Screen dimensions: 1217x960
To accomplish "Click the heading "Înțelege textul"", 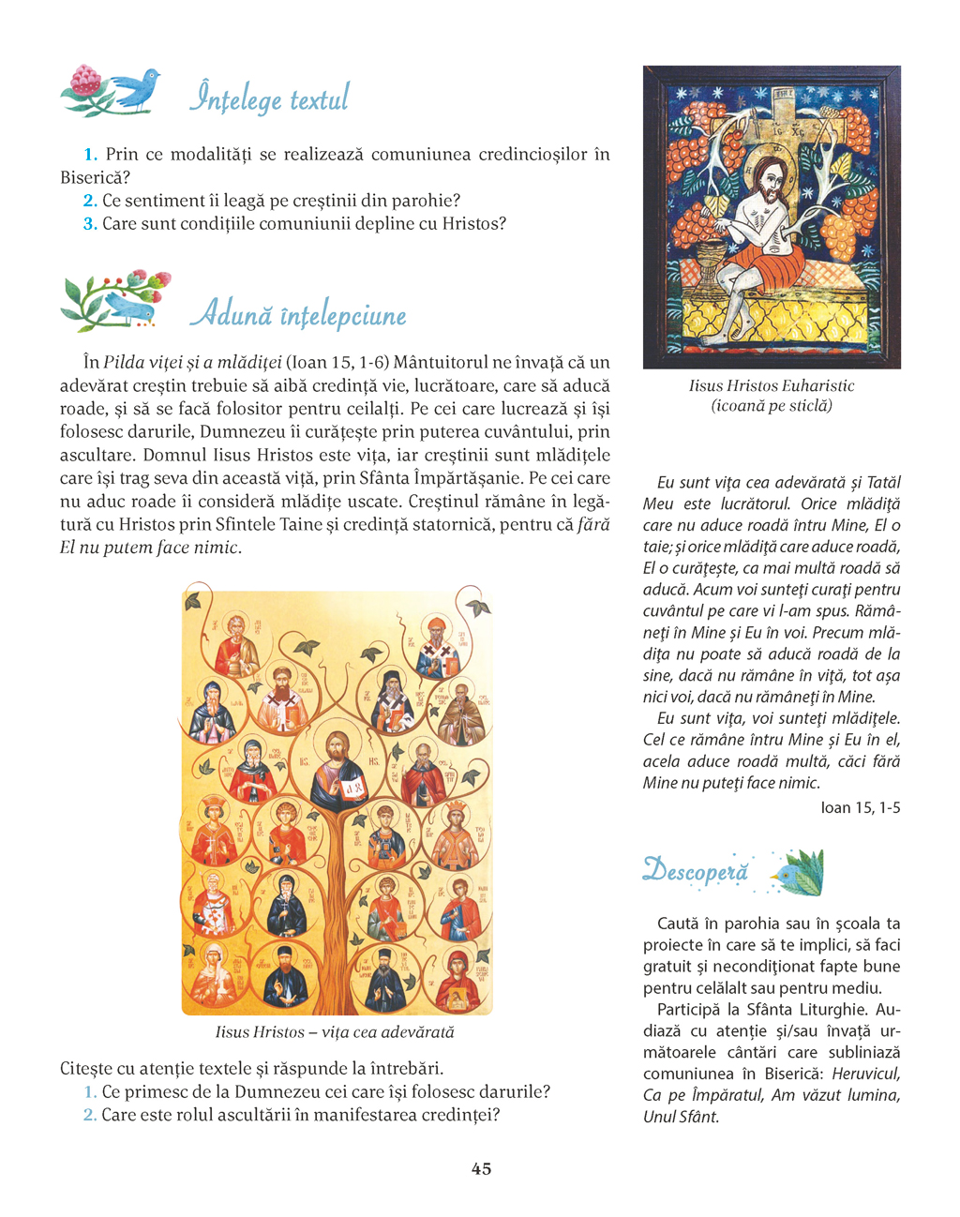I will (269, 98).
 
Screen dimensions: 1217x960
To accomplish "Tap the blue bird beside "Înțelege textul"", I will (137, 88).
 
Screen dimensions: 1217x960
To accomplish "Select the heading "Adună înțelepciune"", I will (298, 315).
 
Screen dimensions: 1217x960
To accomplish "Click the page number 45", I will (481, 1168).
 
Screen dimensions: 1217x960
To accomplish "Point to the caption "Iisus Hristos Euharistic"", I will (771, 385).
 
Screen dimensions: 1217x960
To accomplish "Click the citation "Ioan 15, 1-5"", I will (860, 807).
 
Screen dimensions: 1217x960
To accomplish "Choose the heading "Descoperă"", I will (696, 871).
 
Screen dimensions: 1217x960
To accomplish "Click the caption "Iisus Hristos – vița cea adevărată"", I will (335, 1032).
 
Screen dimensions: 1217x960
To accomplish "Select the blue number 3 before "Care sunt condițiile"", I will (90, 223).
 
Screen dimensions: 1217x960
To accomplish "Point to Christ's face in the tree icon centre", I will (336, 750).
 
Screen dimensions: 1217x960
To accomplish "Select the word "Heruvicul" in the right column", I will (865, 1074).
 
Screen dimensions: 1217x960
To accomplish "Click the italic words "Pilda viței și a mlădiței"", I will (192, 362).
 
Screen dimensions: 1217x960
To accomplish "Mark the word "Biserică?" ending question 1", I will (95, 177).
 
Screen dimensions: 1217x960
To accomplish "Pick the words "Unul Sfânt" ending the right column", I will (680, 1117).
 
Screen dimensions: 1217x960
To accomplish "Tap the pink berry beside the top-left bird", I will (87, 80).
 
